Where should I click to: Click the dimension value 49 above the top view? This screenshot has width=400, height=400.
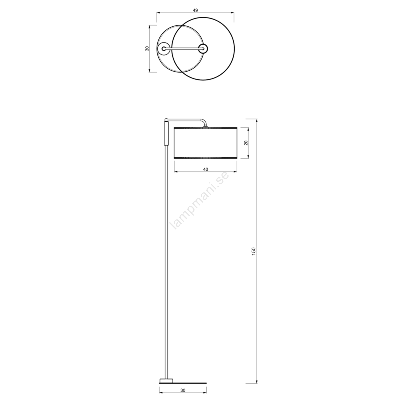pyautogui.click(x=195, y=10)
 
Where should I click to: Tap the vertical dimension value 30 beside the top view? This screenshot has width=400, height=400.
pyautogui.click(x=147, y=48)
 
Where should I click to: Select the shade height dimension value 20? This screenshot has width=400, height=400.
pyautogui.click(x=246, y=143)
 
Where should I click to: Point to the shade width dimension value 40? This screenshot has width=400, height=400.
pyautogui.click(x=205, y=169)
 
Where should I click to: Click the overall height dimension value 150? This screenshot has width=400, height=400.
pyautogui.click(x=254, y=251)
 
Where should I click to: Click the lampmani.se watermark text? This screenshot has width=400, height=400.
pyautogui.click(x=199, y=201)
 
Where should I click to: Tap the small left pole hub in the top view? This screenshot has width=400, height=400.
pyautogui.click(x=164, y=48)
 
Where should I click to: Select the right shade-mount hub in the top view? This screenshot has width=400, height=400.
pyautogui.click(x=202, y=48)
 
